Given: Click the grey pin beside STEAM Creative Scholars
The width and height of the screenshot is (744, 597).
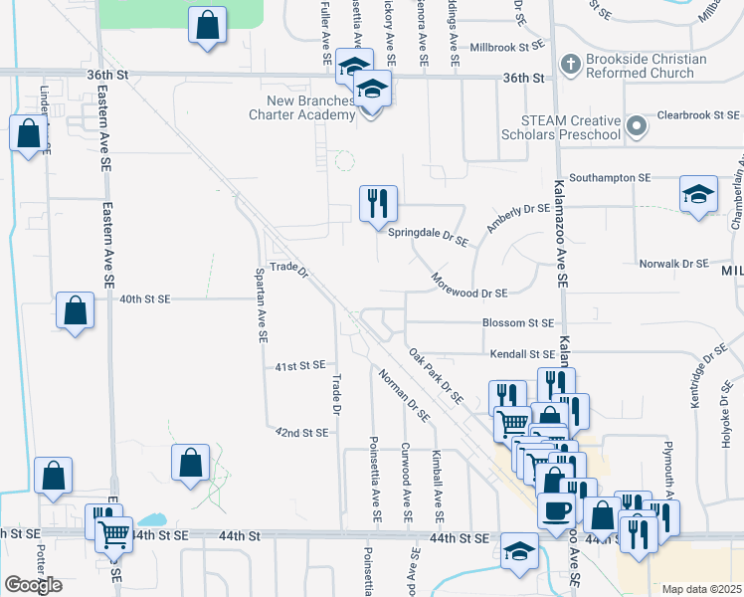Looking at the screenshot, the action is (x=638, y=126).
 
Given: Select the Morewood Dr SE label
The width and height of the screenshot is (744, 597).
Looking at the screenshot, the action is (x=468, y=293).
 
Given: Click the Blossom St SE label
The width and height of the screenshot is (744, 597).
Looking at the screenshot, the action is (x=517, y=322).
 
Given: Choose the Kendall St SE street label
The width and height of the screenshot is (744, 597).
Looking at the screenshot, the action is (x=521, y=353).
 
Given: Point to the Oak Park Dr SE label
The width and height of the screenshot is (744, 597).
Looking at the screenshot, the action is (x=436, y=374).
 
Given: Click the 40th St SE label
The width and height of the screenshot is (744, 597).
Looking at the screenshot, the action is (x=145, y=298).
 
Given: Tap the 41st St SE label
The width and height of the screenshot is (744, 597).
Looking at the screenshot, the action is (x=300, y=366).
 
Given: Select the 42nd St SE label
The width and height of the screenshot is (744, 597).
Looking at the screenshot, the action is (x=301, y=432).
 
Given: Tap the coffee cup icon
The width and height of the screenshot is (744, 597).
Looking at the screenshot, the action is (x=556, y=509).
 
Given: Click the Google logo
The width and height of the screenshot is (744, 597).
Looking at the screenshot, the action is (x=33, y=585).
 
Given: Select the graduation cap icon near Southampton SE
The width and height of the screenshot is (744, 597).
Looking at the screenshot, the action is (x=699, y=194).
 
